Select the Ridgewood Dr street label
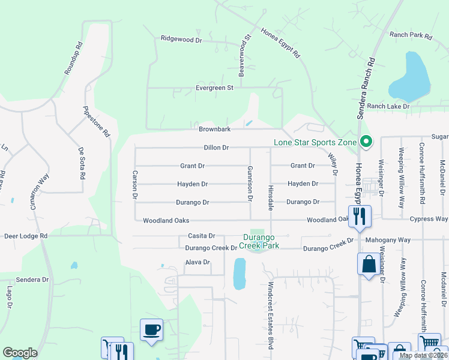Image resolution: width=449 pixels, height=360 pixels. pyautogui.click(x=181, y=39)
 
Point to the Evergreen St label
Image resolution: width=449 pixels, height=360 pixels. pyautogui.click(x=197, y=88)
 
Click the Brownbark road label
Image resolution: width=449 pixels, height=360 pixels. pyautogui.click(x=215, y=129)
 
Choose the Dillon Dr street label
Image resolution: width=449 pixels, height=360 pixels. pyautogui.click(x=217, y=148)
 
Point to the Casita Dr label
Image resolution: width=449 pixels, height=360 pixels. pyautogui.click(x=201, y=236)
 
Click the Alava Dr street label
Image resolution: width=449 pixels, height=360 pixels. pyautogui.click(x=197, y=262)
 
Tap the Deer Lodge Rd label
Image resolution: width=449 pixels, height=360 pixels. pyautogui.click(x=26, y=236)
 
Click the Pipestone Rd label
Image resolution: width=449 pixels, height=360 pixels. pyautogui.click(x=96, y=122)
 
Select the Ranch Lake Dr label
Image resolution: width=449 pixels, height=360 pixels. pyautogui.click(x=388, y=106)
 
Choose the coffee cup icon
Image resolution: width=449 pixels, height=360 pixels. pyautogui.click(x=151, y=329)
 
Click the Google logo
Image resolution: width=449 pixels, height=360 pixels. pyautogui.click(x=20, y=353)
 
